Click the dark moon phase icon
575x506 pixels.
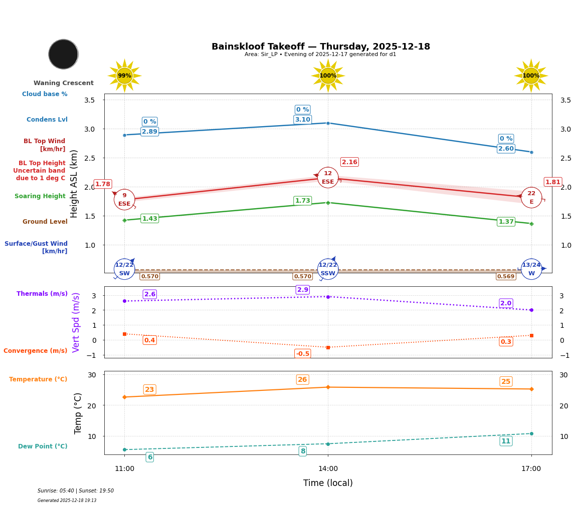(63, 54)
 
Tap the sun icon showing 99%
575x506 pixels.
(124, 76)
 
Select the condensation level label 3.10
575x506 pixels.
(302, 120)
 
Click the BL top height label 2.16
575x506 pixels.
(349, 162)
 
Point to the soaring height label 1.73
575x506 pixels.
(302, 201)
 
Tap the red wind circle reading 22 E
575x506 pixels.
(531, 198)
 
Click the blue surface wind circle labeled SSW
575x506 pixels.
(328, 269)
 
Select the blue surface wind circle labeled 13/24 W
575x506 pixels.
(531, 269)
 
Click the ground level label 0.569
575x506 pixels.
(505, 276)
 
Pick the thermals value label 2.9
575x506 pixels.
(303, 290)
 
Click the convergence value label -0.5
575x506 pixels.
(302, 354)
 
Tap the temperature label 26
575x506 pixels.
(302, 380)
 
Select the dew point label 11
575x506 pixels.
(506, 441)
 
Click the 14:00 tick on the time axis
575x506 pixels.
(328, 469)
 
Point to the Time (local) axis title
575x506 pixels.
(328, 483)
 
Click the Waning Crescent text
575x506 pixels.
(64, 83)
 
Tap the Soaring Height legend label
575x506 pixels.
(40, 196)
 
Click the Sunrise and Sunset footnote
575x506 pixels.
(76, 491)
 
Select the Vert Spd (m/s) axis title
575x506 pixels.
(76, 322)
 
